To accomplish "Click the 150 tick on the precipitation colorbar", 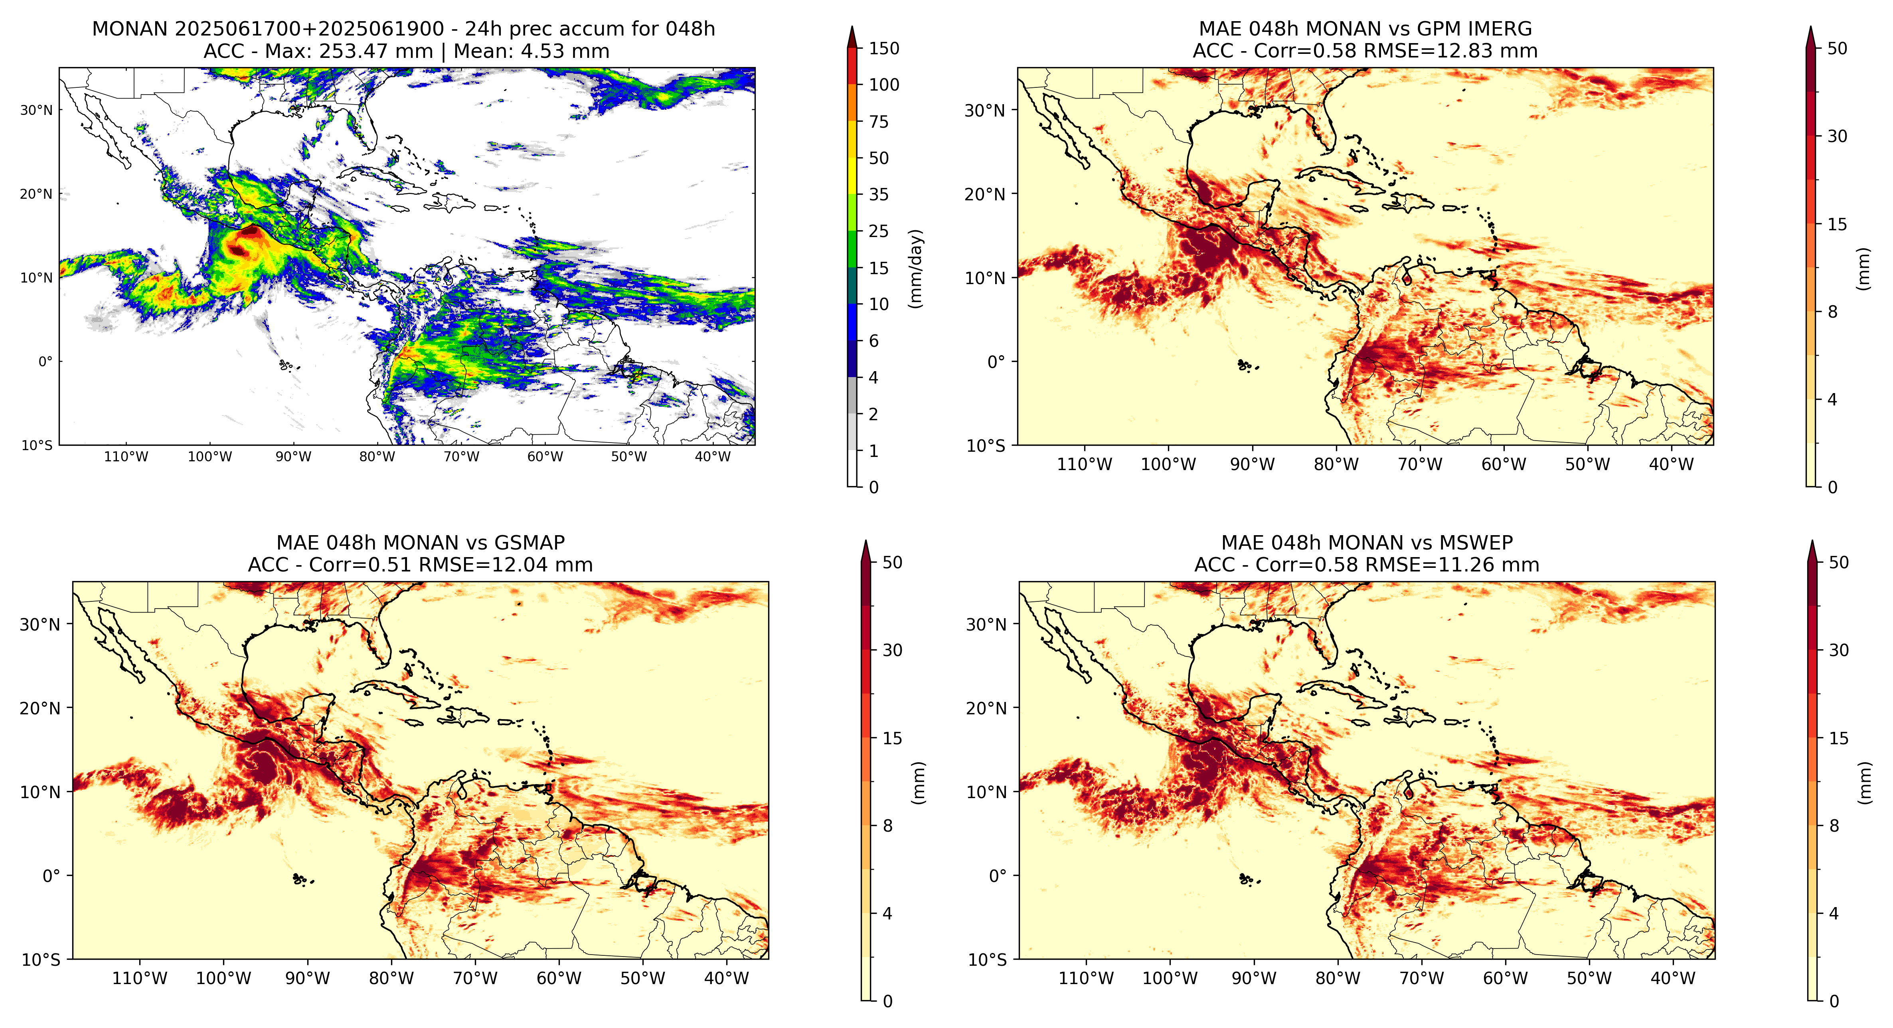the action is point(884,49).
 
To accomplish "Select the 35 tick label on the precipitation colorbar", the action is point(879,195).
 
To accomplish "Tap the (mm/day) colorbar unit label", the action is point(916,268).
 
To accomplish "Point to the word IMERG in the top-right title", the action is point(1497,29).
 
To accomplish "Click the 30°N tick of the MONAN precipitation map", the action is point(37,110).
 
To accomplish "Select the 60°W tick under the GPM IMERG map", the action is point(1504,465).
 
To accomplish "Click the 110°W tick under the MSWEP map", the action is point(1086,979).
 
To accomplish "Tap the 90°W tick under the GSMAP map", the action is point(307,979).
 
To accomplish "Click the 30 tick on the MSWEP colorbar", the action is point(1839,650).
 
